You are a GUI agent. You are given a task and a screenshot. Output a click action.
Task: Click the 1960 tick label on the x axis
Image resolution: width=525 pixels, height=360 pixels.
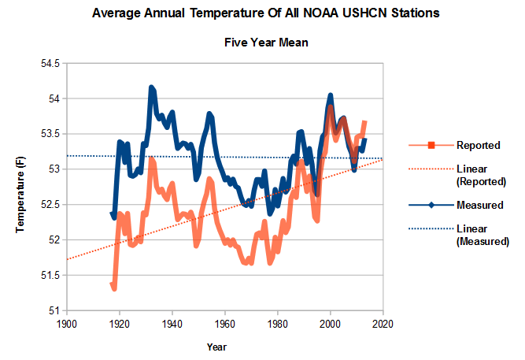tap(225, 324)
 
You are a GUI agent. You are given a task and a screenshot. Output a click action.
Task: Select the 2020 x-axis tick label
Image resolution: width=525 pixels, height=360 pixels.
tap(383, 324)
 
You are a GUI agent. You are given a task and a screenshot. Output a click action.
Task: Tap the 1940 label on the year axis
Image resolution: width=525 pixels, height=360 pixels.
tap(172, 324)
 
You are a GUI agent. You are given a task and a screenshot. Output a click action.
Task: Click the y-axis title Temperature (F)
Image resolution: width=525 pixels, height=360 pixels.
tap(22, 187)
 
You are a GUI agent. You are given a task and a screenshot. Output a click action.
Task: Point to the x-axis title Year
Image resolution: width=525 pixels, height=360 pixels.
tap(216, 347)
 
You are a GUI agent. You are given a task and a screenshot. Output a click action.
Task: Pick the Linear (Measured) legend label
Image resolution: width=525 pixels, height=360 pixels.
tap(482, 236)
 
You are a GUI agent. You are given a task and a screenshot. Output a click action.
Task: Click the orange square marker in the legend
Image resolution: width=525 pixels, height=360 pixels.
tap(432, 145)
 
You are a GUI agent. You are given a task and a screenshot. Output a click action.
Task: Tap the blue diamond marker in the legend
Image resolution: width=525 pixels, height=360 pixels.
tap(432, 206)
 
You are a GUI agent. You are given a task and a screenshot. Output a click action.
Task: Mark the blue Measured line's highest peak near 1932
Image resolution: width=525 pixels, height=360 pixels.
tap(151, 87)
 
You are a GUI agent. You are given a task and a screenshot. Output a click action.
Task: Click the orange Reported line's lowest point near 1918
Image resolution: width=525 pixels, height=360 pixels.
tap(114, 289)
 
